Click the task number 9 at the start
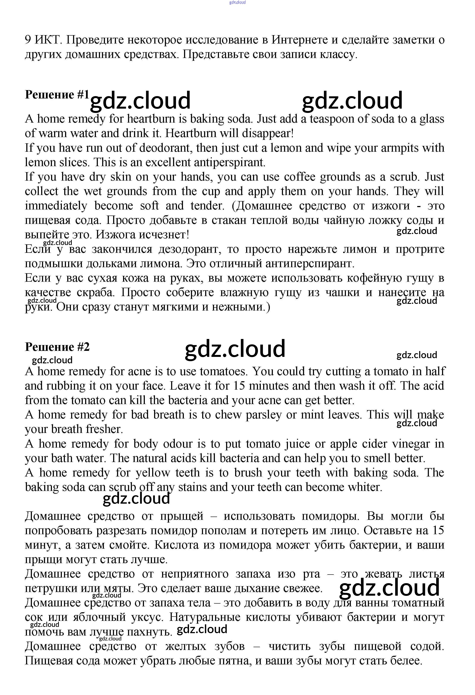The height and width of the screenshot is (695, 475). point(28,40)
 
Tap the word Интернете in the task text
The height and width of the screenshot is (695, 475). point(304,40)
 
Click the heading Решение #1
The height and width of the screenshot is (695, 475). point(57,95)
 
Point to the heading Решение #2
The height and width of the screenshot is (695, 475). point(57,347)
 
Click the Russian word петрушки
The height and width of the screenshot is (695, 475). point(51,589)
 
